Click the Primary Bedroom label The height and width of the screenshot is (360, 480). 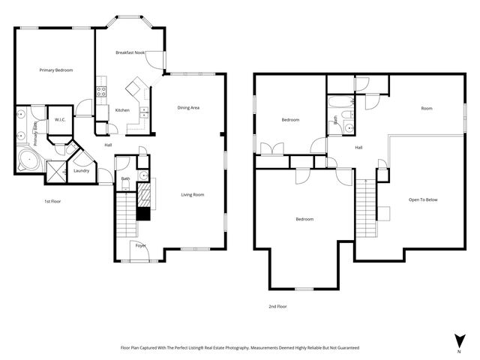point(56,70)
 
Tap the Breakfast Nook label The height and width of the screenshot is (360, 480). point(130,52)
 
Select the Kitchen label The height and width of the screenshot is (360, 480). point(122,110)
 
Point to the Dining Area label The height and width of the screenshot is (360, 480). point(188,108)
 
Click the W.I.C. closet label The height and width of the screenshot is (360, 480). point(58,119)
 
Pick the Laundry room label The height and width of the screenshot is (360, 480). point(82,170)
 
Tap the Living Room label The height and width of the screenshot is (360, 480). point(193,195)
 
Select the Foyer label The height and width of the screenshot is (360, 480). point(140,246)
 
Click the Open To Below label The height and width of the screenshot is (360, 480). point(424,200)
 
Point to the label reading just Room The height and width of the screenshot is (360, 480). point(427,109)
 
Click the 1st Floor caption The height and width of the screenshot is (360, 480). point(52,202)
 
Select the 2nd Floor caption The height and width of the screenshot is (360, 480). point(277,306)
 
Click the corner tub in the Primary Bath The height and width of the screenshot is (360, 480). point(28,159)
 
